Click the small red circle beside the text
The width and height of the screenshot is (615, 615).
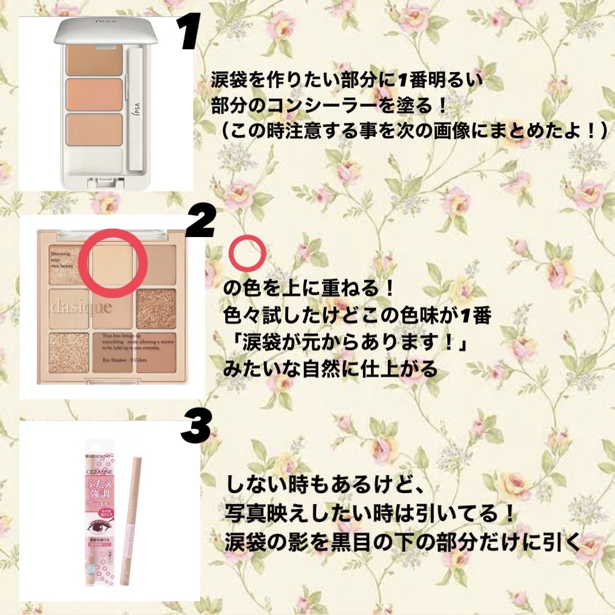pos(247,253)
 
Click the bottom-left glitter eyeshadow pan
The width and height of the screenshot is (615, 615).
pos(69,352)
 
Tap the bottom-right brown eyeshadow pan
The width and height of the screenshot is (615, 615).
pos(156,352)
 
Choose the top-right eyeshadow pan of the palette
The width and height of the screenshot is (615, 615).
pos(156,264)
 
